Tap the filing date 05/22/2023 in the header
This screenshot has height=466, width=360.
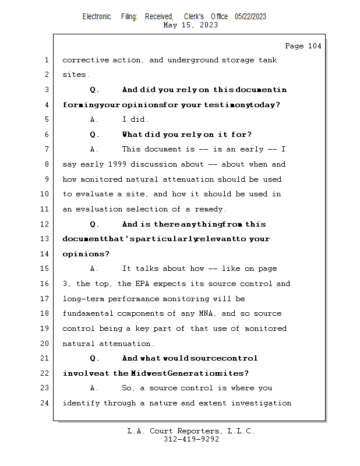click(x=250, y=17)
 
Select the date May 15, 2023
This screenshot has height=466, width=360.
click(x=191, y=25)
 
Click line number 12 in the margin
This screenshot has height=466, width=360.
click(x=45, y=224)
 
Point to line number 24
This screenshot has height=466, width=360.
click(x=45, y=403)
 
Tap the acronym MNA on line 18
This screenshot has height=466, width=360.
click(x=207, y=313)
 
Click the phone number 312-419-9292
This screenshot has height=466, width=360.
click(x=191, y=439)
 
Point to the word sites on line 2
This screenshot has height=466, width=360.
click(x=75, y=75)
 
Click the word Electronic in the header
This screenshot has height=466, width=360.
click(x=97, y=17)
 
